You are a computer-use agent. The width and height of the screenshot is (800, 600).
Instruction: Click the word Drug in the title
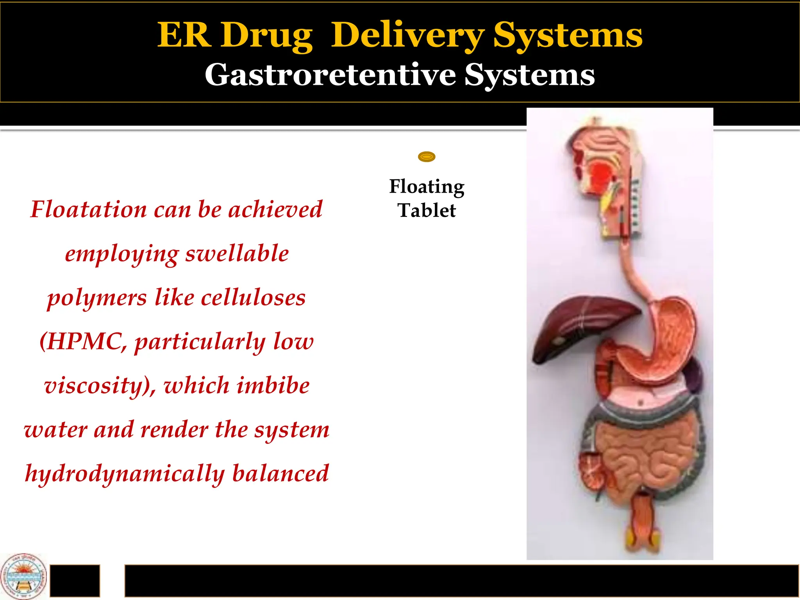[x=266, y=36]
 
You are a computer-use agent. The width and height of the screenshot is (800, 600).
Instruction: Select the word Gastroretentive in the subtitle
[x=330, y=75]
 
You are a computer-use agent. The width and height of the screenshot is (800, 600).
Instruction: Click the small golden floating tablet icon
[x=427, y=157]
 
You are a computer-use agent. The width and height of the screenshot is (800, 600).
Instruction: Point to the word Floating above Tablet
[x=427, y=187]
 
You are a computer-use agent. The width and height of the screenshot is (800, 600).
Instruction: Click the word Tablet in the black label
[x=427, y=211]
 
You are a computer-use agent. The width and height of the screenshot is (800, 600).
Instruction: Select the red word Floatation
[x=89, y=209]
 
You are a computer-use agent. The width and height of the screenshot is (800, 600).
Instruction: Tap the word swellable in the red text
[x=237, y=254]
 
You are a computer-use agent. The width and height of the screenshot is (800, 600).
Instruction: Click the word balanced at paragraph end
[x=280, y=473]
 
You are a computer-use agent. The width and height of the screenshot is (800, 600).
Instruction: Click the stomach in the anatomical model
[x=660, y=344]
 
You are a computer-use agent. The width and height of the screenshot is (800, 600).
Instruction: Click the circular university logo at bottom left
[x=23, y=576]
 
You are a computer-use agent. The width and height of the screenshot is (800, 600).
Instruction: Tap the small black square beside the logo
[x=75, y=580]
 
